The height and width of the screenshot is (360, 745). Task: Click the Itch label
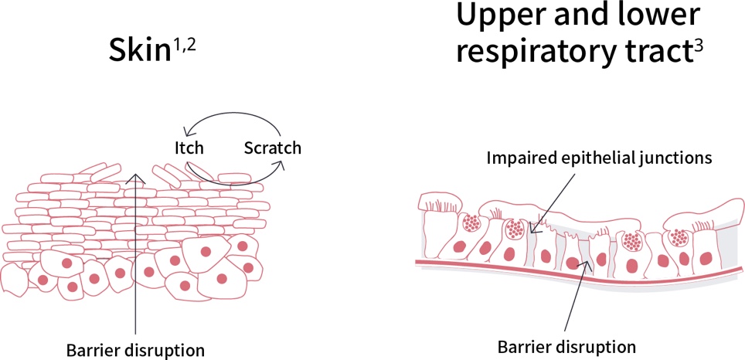189,147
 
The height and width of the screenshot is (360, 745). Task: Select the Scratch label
272,147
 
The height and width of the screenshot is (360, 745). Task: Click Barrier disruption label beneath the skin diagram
136,350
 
